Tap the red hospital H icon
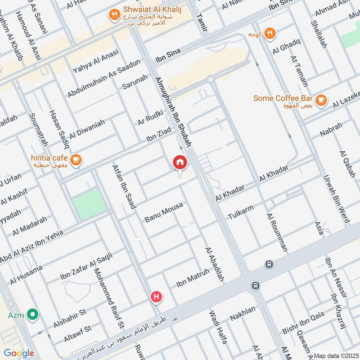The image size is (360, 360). pos(156,297)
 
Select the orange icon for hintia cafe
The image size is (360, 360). pos(76,159)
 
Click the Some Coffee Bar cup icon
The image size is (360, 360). pos(320,100)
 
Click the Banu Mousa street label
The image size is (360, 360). pos(164,212)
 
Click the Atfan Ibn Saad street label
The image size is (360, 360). pos(123,187)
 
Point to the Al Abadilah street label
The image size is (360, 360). pos(214,265)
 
